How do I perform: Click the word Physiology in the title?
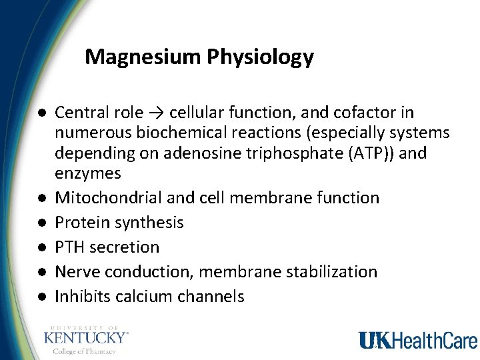[x=260, y=57]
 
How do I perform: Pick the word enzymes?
[x=88, y=173]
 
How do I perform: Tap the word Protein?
[x=81, y=223]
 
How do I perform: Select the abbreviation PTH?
[x=70, y=247]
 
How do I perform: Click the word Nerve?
[x=77, y=272]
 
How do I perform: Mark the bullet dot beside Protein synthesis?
[x=41, y=223]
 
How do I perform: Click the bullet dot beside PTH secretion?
[x=41, y=247]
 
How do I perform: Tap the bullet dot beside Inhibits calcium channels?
[x=41, y=297]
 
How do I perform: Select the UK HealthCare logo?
[x=417, y=340]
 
